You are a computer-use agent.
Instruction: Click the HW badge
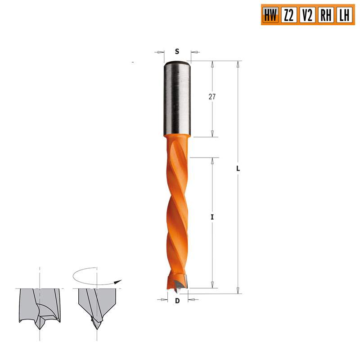(270, 16)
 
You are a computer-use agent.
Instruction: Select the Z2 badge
(288, 16)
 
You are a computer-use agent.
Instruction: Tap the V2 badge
(307, 16)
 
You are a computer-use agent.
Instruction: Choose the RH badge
(325, 16)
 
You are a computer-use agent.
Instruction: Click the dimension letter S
(177, 52)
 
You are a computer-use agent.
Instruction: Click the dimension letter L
(238, 169)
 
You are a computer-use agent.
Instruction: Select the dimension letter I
(212, 217)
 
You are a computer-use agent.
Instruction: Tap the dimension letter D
(177, 301)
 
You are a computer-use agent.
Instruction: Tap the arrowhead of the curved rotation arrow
(119, 282)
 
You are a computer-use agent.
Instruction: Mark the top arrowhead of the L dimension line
(238, 64)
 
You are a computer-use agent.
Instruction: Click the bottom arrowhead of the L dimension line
(238, 291)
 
